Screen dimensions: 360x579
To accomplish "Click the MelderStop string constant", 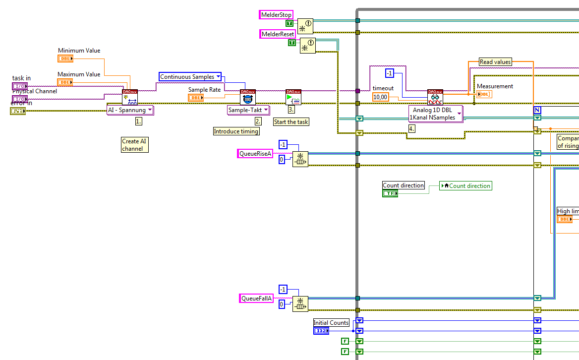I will [276, 15].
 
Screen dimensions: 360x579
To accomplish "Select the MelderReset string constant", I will [278, 34].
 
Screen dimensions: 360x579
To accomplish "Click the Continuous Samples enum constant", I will [190, 77].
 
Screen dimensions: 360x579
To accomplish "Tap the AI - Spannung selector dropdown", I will [130, 110].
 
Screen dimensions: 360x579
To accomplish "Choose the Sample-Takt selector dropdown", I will [248, 110].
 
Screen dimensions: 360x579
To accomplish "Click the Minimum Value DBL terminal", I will [65, 59].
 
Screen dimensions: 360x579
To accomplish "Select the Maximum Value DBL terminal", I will [65, 82].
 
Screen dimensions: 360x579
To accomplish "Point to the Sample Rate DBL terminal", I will [196, 98].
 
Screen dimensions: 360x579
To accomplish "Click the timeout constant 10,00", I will [380, 97].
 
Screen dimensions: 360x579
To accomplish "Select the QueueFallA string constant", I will [256, 299].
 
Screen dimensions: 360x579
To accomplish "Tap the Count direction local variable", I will [466, 186].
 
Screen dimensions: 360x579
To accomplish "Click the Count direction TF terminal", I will [390, 193].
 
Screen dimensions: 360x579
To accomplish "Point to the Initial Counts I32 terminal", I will [321, 331].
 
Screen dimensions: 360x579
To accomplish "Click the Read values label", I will [495, 62].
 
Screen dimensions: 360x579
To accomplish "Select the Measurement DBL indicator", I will [484, 94].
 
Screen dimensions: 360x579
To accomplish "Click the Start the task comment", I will [291, 122].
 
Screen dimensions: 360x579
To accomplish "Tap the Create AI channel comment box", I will [135, 145].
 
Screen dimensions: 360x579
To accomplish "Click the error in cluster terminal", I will [18, 111].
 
